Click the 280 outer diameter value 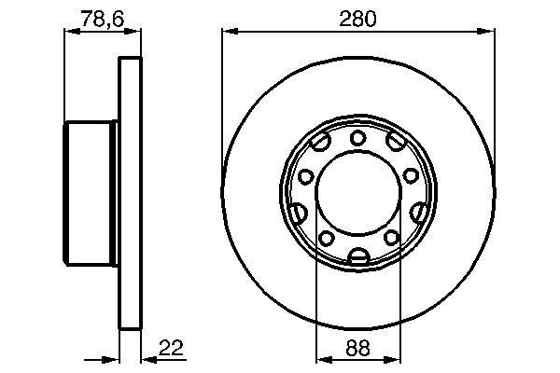pyautogui.click(x=357, y=19)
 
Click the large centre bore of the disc pyautogui.click(x=357, y=196)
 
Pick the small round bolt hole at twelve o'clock pyautogui.click(x=357, y=138)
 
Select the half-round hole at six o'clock pyautogui.click(x=357, y=256)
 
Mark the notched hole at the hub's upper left pyautogui.click(x=321, y=144)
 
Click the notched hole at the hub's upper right pyautogui.click(x=394, y=144)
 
